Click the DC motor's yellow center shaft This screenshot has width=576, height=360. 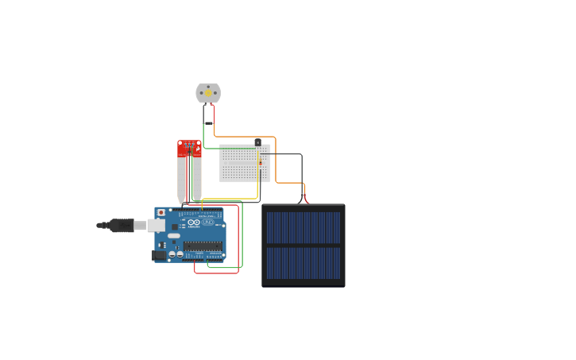[x=208, y=93]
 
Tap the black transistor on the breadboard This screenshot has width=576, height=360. [x=257, y=142]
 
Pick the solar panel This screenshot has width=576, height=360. [x=303, y=245]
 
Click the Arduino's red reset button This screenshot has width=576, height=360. [x=161, y=213]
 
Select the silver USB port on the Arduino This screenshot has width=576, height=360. [x=156, y=226]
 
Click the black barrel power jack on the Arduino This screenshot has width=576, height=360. [x=159, y=255]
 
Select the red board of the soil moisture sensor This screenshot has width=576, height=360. [x=189, y=149]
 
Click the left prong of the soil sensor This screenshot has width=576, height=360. [x=181, y=179]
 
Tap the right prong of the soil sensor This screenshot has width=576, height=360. [x=197, y=179]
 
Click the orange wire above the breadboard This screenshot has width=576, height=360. [x=246, y=137]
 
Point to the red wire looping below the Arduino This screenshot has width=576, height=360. [x=216, y=273]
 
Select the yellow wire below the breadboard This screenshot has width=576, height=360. [x=230, y=198]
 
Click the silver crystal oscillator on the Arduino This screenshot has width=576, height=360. [x=174, y=236]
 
